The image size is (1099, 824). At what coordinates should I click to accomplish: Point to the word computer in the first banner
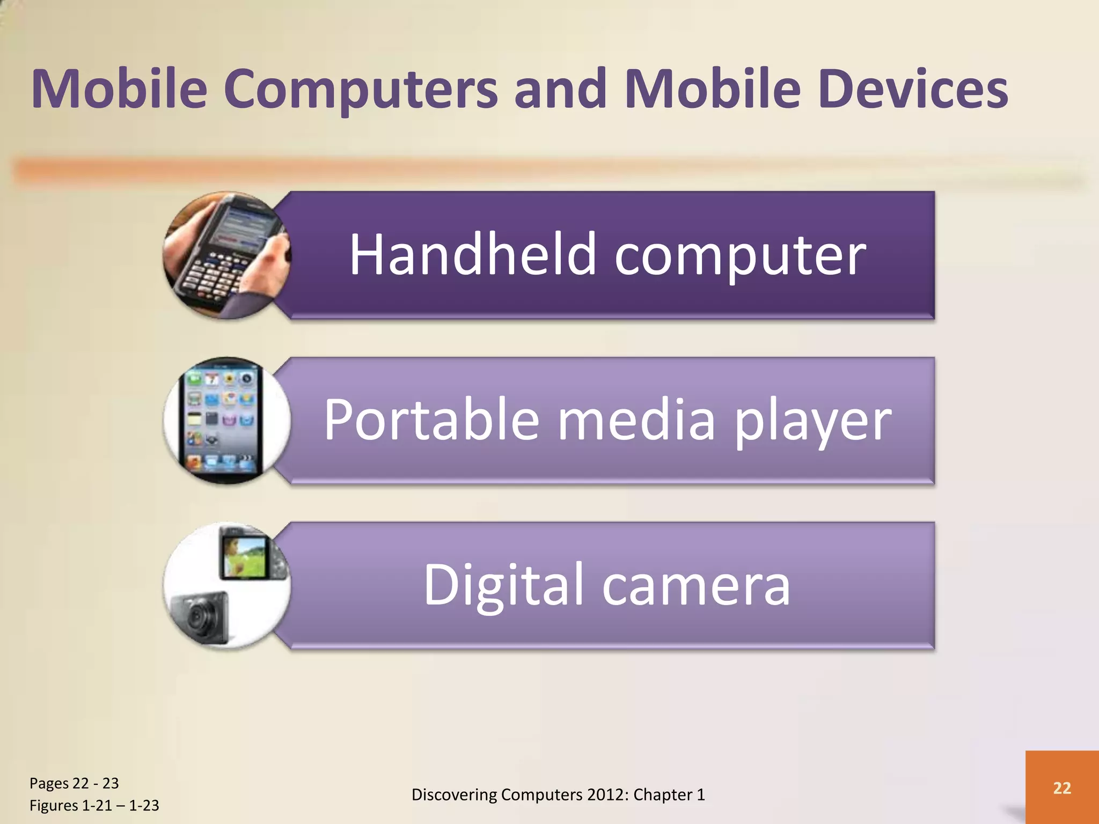(x=740, y=256)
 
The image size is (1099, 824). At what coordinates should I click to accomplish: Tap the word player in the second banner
(x=812, y=422)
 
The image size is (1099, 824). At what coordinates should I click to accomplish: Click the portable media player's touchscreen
(x=221, y=418)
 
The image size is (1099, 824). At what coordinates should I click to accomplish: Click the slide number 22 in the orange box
(x=1062, y=788)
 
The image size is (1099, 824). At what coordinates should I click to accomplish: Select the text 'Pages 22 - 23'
(x=74, y=783)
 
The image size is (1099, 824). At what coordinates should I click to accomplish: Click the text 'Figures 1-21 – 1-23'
(x=94, y=805)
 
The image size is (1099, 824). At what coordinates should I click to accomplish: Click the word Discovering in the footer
(x=454, y=794)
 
